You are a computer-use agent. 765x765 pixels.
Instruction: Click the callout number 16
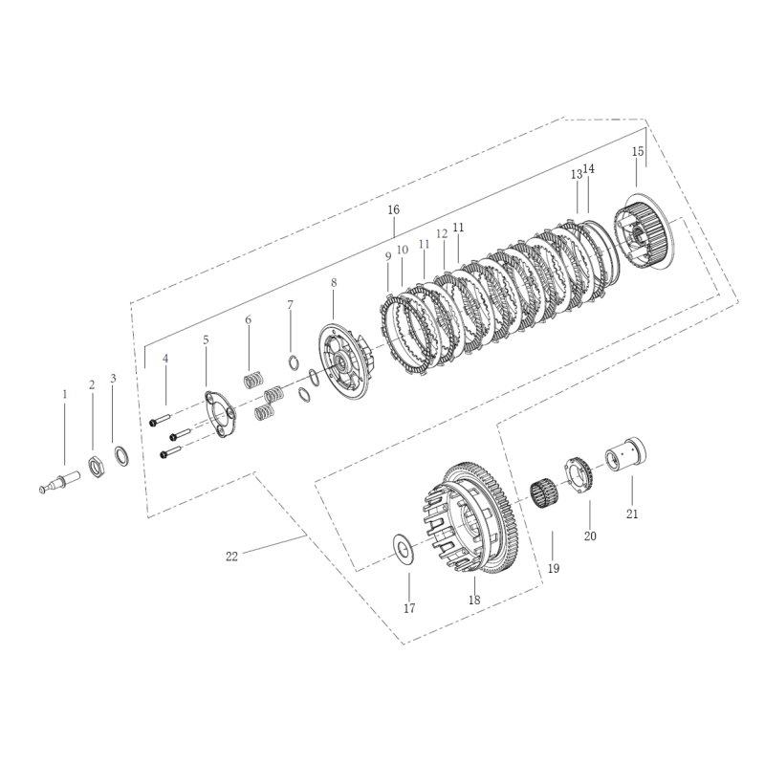click(x=393, y=209)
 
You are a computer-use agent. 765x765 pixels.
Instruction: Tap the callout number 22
click(x=231, y=556)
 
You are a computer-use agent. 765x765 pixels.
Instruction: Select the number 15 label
click(x=638, y=152)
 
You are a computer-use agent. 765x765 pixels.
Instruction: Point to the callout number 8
click(x=334, y=283)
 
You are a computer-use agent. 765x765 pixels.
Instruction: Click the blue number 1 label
click(x=65, y=394)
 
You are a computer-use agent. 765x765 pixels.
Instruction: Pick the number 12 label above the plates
click(x=442, y=233)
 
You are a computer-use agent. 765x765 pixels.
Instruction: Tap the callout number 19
click(x=554, y=568)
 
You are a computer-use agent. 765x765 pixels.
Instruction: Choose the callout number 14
click(x=589, y=169)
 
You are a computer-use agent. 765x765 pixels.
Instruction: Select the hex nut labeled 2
click(x=96, y=468)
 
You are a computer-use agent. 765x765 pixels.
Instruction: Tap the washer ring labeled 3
click(x=121, y=456)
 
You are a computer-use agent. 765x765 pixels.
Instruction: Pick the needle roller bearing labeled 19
click(x=544, y=500)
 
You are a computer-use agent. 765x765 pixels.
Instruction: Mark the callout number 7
click(x=291, y=305)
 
